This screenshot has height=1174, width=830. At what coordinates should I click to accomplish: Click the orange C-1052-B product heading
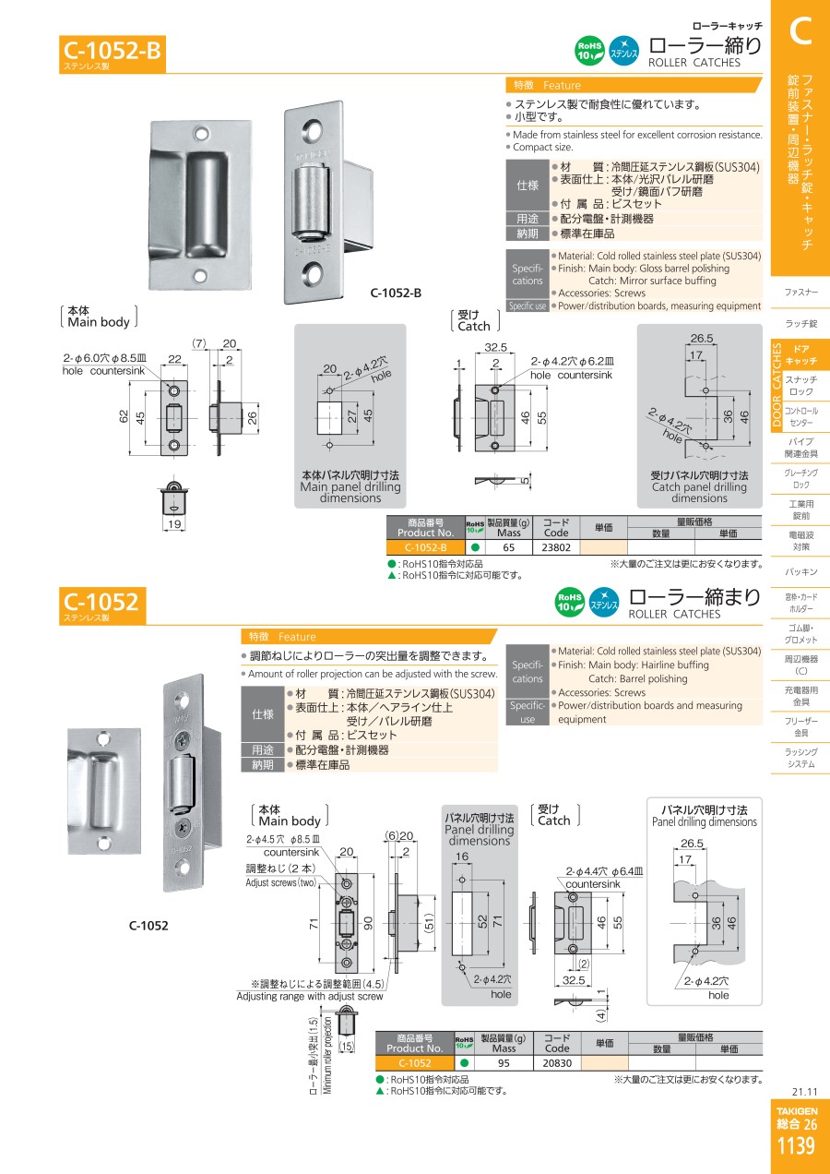point(113,51)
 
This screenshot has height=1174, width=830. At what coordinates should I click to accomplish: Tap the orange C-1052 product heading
point(101,602)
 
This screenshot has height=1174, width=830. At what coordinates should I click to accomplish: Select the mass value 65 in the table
point(508,547)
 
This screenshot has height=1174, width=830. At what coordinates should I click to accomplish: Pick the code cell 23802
point(555,547)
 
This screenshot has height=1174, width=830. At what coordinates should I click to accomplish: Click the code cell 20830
point(557,1063)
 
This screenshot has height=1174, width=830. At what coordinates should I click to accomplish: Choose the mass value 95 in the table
point(504,1063)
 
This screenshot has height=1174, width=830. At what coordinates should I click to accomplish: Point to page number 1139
point(797,1146)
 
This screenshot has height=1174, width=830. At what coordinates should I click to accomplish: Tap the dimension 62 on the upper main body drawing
point(124,416)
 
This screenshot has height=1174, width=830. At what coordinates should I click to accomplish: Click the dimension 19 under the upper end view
point(174,523)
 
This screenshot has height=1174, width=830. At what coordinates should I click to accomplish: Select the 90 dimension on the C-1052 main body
point(368,924)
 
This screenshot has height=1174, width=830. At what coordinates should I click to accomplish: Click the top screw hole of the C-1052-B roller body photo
point(314,129)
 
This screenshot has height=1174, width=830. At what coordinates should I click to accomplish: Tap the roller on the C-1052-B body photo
point(310,202)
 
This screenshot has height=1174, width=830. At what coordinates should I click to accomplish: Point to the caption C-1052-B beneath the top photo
point(396,293)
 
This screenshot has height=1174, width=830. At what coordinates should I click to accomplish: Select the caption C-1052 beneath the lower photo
point(148,926)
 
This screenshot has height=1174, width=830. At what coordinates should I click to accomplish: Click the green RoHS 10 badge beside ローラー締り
point(590,51)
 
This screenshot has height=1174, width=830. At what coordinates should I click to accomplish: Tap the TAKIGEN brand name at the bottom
point(797,1111)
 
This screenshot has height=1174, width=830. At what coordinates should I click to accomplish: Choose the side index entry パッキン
point(800,571)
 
